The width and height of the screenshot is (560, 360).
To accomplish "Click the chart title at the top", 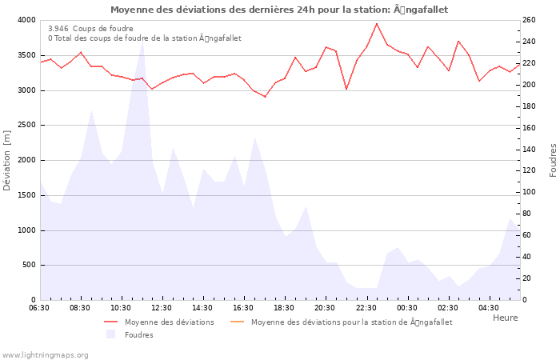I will [279, 10].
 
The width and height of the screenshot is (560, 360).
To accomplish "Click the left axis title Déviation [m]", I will [8, 159].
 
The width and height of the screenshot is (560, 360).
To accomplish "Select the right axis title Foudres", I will [553, 160].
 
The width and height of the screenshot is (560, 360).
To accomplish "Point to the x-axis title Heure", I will [505, 318].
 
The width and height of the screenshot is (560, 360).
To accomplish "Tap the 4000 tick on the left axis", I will [26, 20].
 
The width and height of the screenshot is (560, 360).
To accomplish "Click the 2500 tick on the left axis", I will [26, 126].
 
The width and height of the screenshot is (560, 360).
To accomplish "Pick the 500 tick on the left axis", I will [28, 265].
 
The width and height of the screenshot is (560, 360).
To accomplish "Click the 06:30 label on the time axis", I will [39, 308].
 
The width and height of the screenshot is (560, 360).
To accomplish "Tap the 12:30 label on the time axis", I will [162, 308].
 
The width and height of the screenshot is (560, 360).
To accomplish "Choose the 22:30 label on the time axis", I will [366, 308].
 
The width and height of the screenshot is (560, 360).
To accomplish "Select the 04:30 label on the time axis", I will [489, 308].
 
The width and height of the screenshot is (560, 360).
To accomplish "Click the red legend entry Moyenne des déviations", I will [169, 322].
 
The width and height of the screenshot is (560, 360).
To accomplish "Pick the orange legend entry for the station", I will [351, 322].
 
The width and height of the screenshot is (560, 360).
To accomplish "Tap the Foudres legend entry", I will [138, 335].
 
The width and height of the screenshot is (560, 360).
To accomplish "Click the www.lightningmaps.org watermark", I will [45, 355].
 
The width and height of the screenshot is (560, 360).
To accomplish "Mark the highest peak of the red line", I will [377, 23].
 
